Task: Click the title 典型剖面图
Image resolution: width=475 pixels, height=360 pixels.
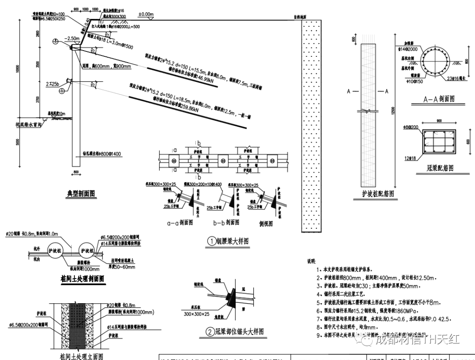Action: tap(80, 193)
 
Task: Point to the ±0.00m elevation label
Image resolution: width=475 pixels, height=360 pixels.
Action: tap(146, 15)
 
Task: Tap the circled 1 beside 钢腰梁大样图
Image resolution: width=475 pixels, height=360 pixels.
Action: tap(212, 241)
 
